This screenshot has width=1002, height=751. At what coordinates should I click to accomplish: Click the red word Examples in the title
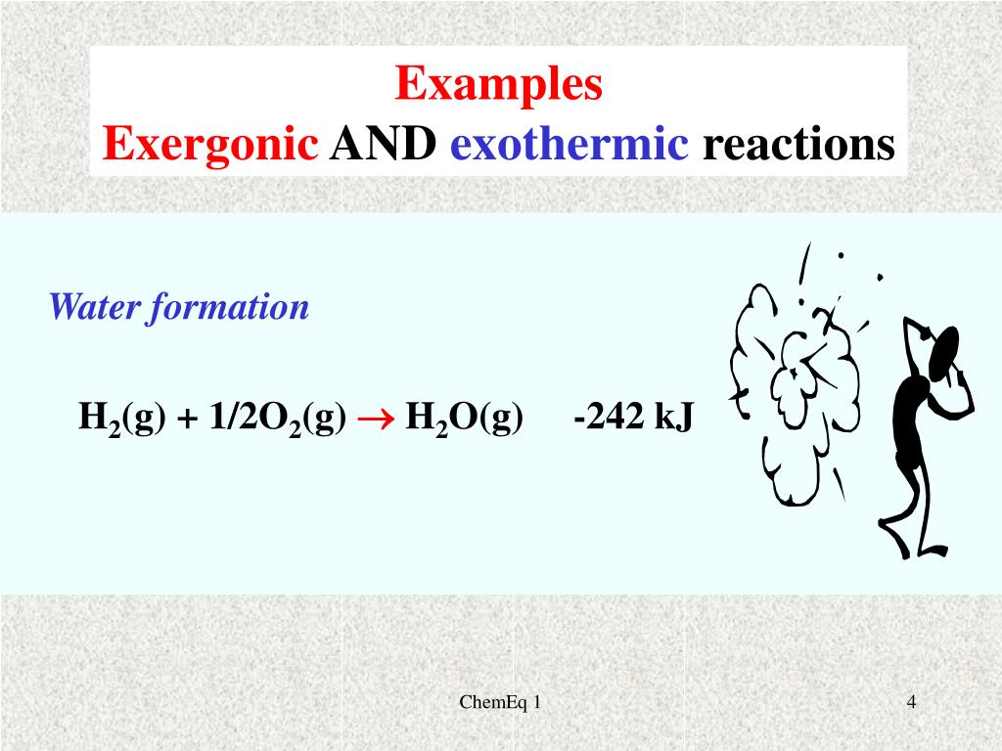[x=499, y=85]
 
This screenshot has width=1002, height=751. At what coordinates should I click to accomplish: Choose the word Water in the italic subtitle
[x=94, y=308]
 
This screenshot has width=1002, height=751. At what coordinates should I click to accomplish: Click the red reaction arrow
[x=376, y=419]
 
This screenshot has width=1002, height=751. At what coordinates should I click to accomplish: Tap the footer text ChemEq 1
[x=500, y=702]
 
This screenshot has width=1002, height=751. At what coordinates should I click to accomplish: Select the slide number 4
[x=911, y=701]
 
